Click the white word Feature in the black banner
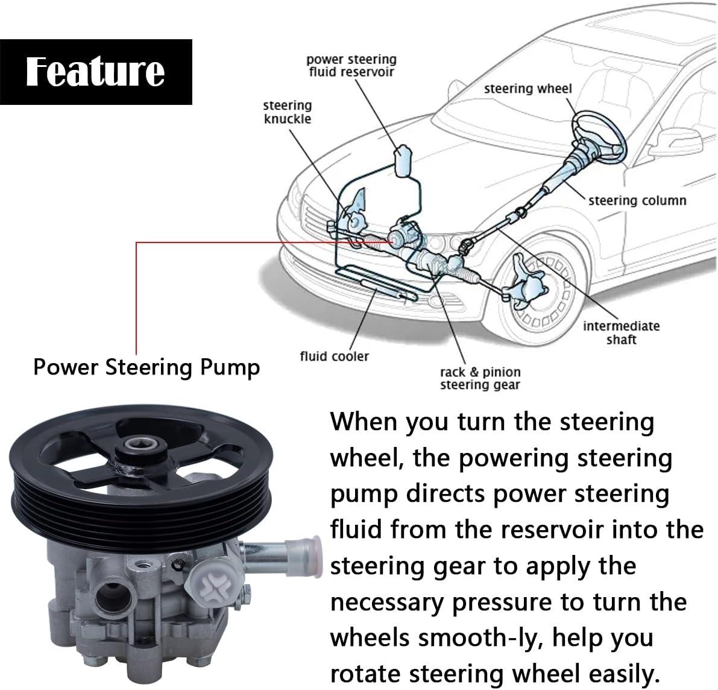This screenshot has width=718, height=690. (x=95, y=71)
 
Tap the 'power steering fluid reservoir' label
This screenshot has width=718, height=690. (x=351, y=66)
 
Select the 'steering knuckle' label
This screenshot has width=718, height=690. (x=288, y=112)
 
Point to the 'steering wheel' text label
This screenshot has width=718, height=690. (x=527, y=89)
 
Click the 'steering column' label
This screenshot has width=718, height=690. (x=637, y=200)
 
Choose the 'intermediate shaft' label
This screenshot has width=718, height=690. (x=621, y=332)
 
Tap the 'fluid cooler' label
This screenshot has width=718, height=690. (x=334, y=356)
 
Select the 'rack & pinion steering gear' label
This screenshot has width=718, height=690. (x=480, y=378)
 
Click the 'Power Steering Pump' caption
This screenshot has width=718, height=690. (x=146, y=367)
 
